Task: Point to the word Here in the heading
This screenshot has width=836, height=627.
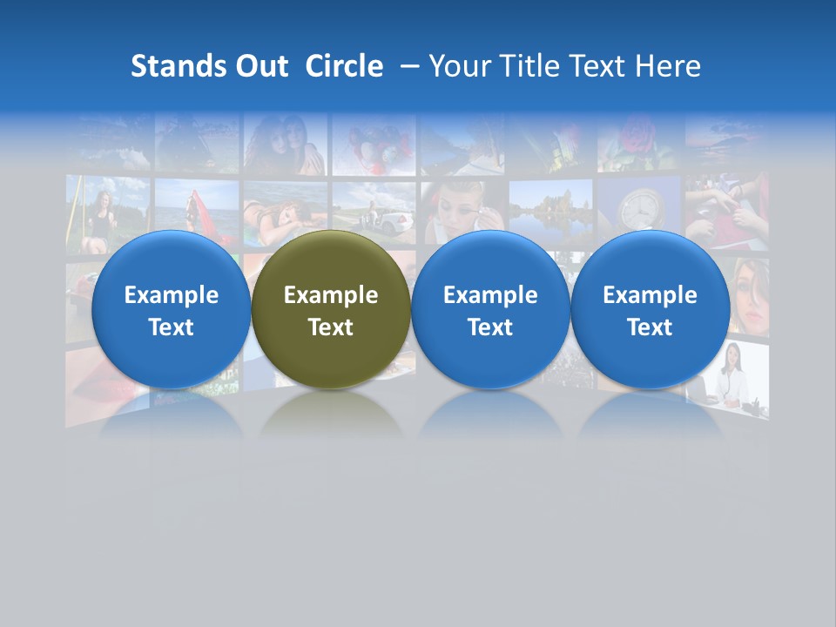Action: tap(668, 66)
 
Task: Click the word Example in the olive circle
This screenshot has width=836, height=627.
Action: tap(331, 295)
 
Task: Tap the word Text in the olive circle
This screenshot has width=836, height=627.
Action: tap(331, 327)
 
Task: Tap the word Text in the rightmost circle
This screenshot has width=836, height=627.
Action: tap(651, 327)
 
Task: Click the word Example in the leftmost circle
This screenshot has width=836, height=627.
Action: tap(172, 295)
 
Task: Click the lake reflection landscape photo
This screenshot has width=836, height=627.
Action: tap(550, 210)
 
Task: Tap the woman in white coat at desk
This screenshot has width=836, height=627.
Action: tap(731, 374)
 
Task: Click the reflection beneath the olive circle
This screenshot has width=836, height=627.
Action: tap(331, 414)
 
